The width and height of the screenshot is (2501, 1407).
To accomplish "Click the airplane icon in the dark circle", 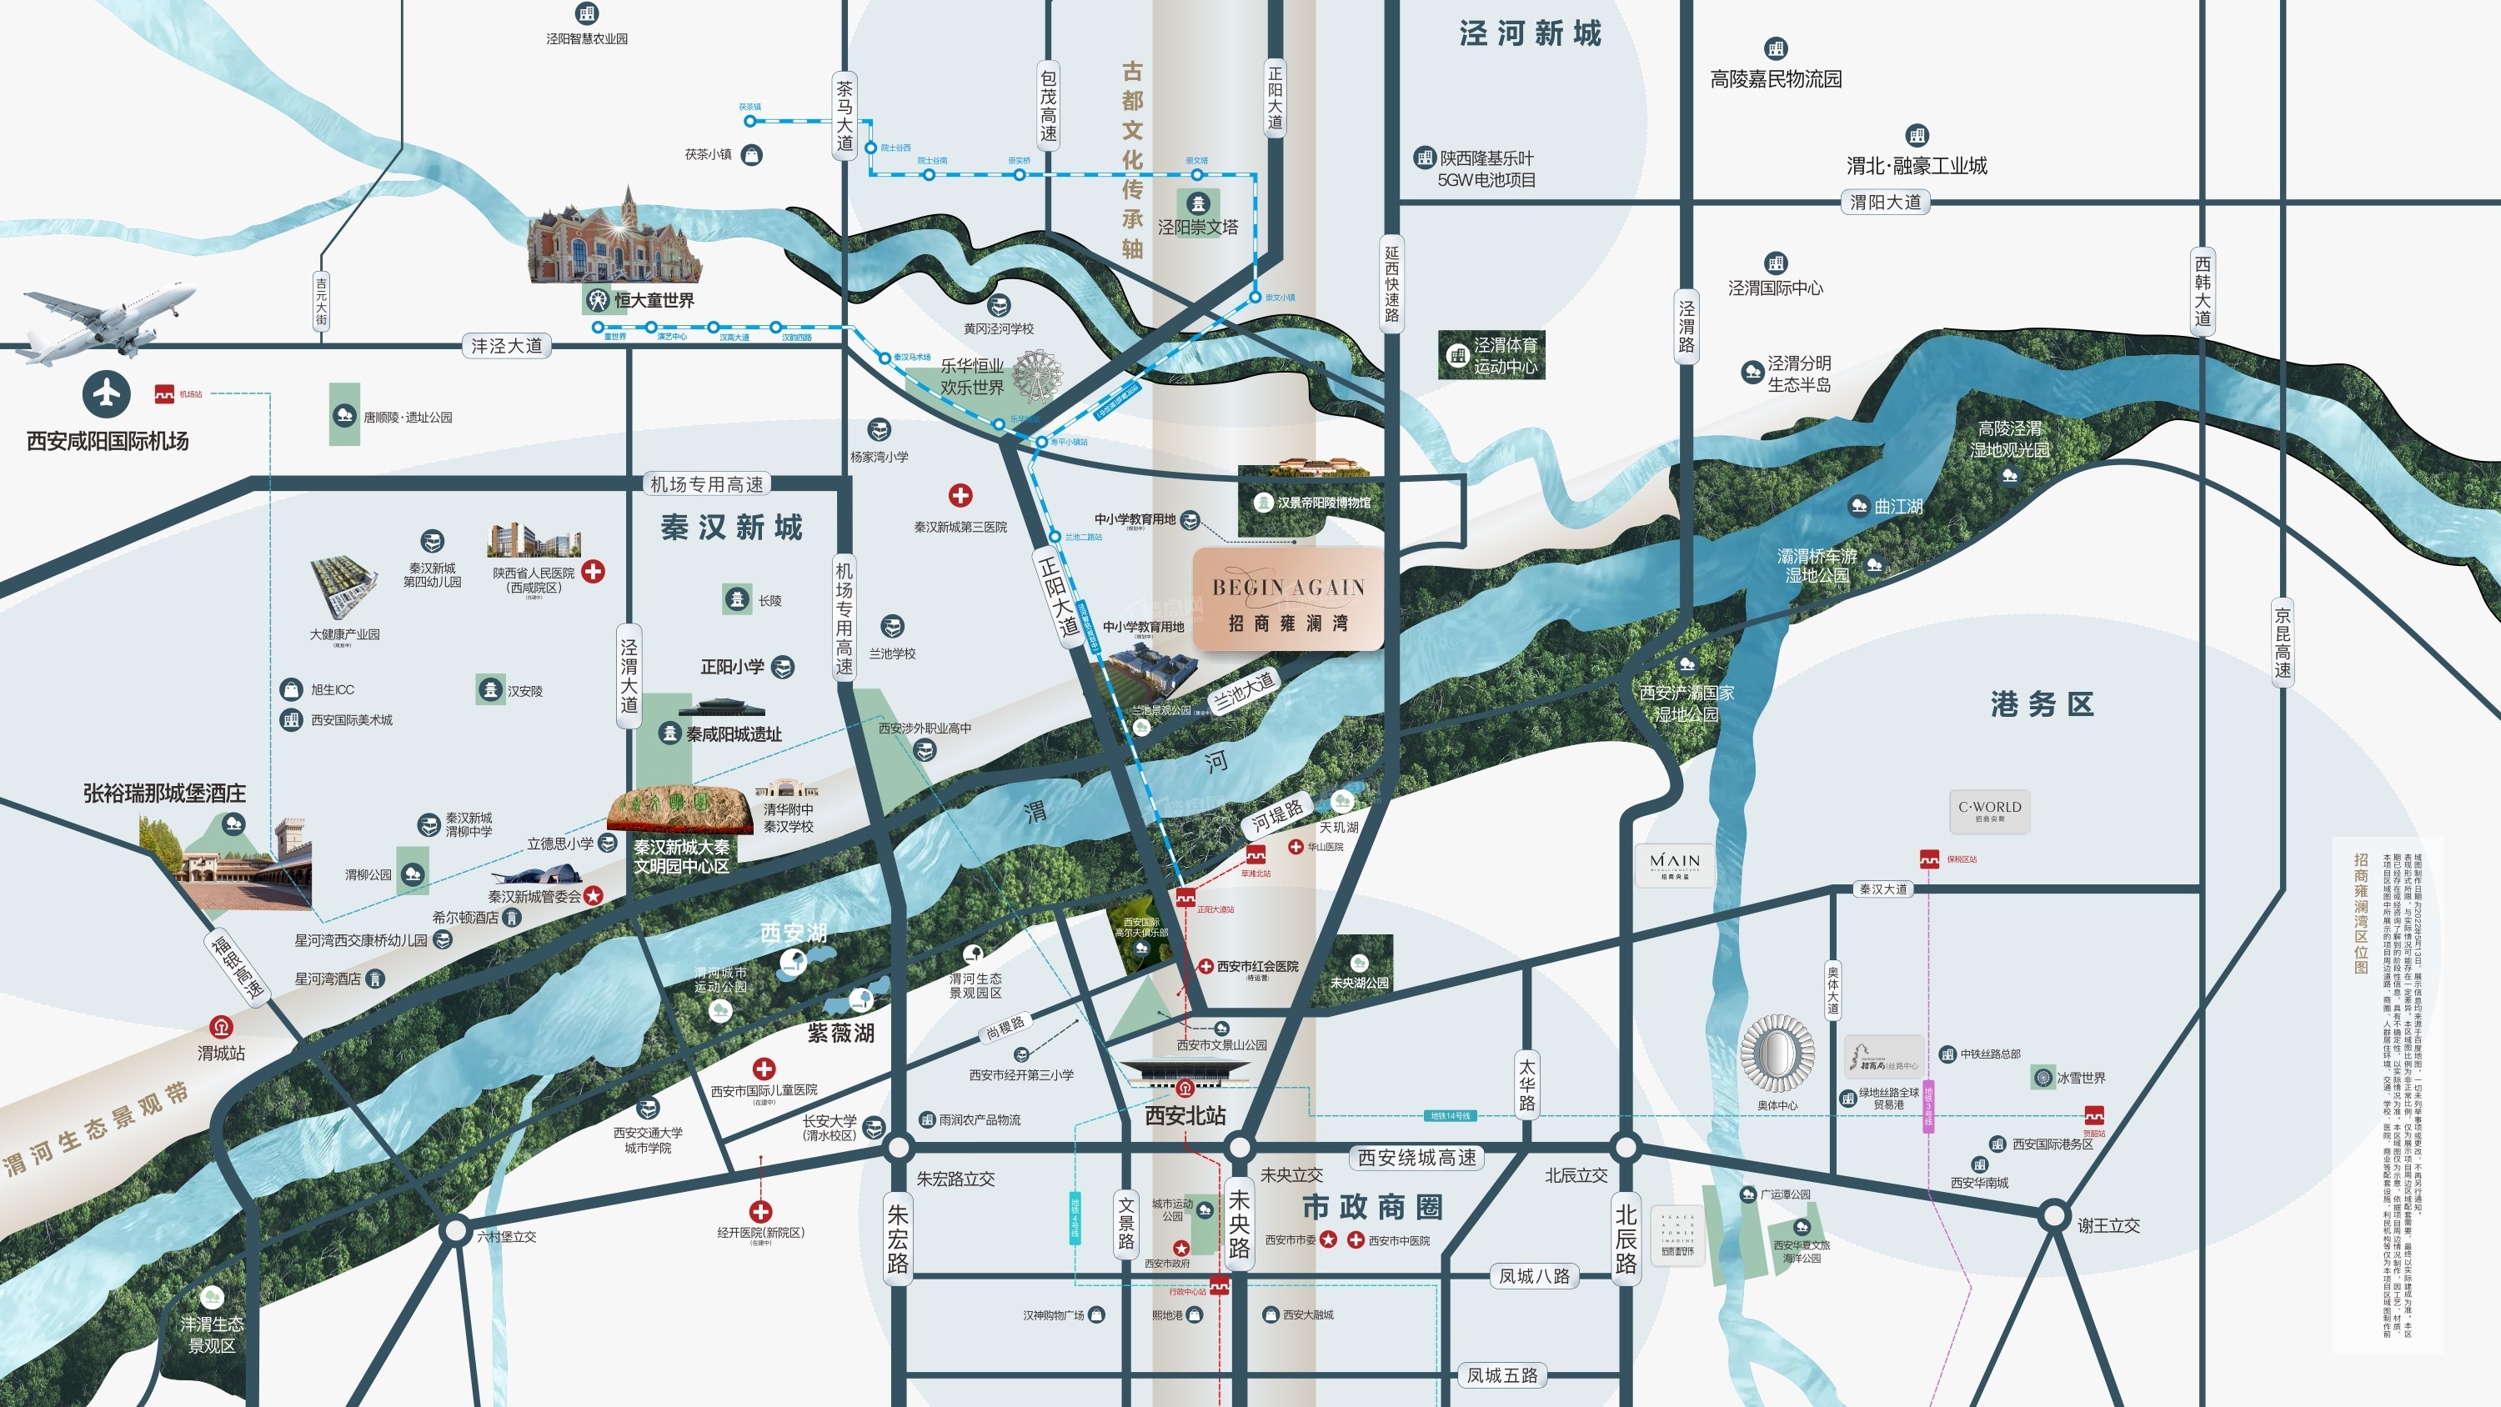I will [x=106, y=393].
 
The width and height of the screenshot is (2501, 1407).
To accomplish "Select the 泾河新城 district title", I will [x=1530, y=34].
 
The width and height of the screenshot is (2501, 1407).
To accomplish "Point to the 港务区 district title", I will [x=2042, y=704].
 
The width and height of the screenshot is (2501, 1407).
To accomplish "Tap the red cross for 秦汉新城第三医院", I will [x=960, y=495].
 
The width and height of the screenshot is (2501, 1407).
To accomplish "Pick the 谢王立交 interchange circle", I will [x=2054, y=1214].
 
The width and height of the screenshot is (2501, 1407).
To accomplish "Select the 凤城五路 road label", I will [x=1502, y=1375].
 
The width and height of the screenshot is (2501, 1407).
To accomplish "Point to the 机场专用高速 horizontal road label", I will [x=707, y=483].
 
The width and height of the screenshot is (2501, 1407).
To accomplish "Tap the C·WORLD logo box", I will [x=1989, y=811].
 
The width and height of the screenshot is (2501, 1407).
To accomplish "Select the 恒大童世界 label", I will [x=654, y=300].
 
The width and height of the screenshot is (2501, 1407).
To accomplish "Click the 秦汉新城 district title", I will [x=732, y=528].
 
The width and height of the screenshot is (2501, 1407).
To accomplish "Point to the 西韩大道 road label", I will [x=2203, y=291].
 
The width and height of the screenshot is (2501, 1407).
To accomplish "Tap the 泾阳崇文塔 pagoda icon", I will [x=1198, y=204].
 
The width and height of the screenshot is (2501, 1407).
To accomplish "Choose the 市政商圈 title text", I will [x=1372, y=1207].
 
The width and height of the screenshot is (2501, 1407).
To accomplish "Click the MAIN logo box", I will [x=1675, y=864].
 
